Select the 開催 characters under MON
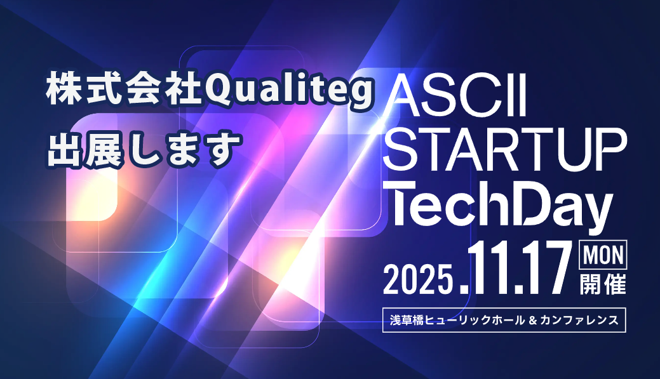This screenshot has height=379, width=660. point(603,283)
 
